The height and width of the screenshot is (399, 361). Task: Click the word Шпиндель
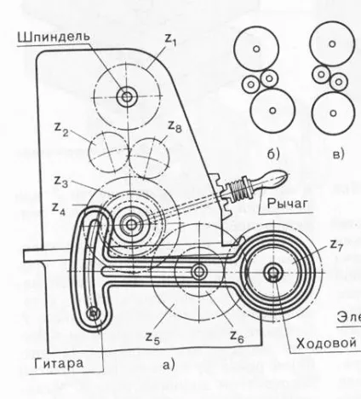[54, 38]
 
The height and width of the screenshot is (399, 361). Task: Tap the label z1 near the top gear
[171, 40]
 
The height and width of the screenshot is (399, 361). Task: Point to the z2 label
[61, 130]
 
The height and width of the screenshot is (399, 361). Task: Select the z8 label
[175, 126]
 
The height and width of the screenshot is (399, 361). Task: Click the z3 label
[61, 182]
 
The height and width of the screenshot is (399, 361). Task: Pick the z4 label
[59, 209]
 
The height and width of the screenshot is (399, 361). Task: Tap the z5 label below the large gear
[152, 338]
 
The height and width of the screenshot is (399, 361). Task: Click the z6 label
[237, 337]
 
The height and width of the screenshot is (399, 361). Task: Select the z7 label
[336, 246]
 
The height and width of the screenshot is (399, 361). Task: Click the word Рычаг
[288, 204]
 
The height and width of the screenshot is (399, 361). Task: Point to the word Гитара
[59, 363]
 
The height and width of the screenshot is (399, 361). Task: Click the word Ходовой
[326, 344]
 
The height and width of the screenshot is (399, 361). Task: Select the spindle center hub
[127, 97]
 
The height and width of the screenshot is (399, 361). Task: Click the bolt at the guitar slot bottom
[94, 314]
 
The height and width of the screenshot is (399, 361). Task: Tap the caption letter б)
[273, 154]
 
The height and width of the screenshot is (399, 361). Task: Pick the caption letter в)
[338, 154]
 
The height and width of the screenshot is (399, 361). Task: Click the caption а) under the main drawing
[169, 365]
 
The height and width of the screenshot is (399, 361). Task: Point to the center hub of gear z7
[273, 272]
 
